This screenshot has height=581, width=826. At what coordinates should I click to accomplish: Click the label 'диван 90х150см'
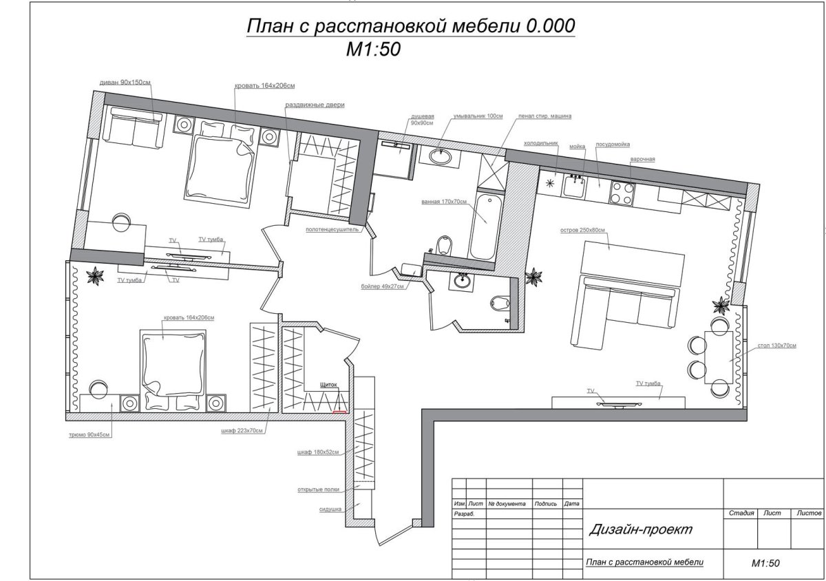(x=125, y=82)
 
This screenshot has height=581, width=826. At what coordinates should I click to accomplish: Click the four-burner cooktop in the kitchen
(x=622, y=192)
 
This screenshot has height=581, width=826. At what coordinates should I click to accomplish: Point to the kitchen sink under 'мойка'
(x=575, y=184)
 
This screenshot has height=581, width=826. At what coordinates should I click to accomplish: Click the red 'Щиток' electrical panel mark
(x=339, y=412)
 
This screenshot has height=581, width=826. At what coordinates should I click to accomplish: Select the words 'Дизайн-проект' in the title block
(x=640, y=529)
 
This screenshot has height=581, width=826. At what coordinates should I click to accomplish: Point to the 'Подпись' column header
(x=545, y=504)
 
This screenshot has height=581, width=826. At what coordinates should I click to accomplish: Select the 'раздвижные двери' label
(x=315, y=105)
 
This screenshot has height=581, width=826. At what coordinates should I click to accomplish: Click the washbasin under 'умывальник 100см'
(x=441, y=156)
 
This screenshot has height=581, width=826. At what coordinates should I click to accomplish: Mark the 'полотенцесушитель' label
(x=332, y=231)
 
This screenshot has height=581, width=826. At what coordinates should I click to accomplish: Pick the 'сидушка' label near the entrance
(x=331, y=509)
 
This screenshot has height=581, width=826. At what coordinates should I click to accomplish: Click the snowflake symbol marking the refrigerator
(x=550, y=183)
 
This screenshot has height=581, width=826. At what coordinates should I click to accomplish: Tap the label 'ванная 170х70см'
(x=444, y=202)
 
